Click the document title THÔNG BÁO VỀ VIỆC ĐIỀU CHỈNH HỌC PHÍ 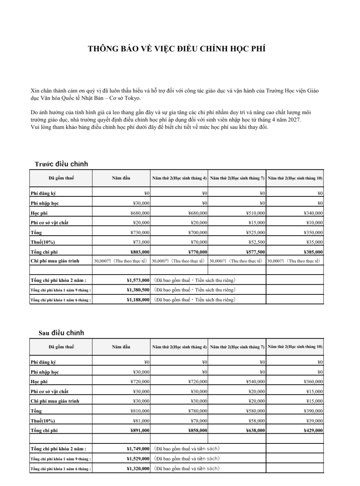[177, 49]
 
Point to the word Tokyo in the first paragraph [133, 98]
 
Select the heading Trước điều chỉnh [61, 164]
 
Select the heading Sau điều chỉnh [61, 333]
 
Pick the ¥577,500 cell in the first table [256, 252]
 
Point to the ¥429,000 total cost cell [313, 431]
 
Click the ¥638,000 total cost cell [256, 431]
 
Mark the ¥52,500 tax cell [257, 242]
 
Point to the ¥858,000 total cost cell [198, 431]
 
